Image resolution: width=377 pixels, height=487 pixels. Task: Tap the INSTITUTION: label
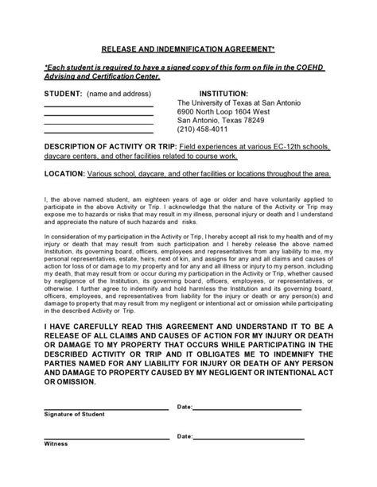tap(228, 92)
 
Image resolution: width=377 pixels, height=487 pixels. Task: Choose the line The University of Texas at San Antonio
tap(238, 102)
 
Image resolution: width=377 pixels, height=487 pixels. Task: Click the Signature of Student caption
tap(73, 414)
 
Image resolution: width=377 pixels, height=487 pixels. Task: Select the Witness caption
tap(56, 443)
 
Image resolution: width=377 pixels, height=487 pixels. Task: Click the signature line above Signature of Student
tap(105, 409)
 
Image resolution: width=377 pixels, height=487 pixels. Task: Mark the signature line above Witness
tap(105, 438)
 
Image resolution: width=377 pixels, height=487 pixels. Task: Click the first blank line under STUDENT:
tap(98, 106)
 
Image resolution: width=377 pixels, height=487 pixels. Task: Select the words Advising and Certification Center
tap(101, 77)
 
